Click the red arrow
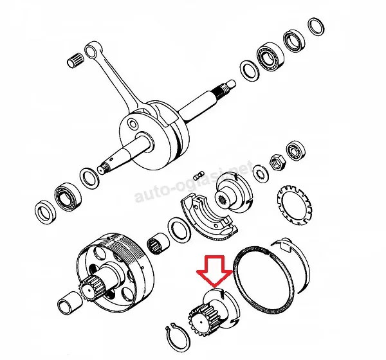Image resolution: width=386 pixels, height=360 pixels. click(x=215, y=271)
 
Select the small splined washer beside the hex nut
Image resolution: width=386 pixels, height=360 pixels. click(x=261, y=174)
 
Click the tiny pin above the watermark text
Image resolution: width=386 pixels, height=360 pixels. click(x=198, y=176)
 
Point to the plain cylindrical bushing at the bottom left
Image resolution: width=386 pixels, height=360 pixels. click(x=70, y=303)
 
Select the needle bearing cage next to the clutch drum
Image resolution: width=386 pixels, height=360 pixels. click(x=158, y=244)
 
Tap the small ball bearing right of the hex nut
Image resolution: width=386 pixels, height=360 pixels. click(x=295, y=151)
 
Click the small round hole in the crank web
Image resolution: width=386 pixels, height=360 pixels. click(x=133, y=123)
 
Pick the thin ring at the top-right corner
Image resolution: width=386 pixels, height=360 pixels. click(x=316, y=27)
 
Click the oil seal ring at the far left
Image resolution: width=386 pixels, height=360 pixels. click(x=45, y=213)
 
